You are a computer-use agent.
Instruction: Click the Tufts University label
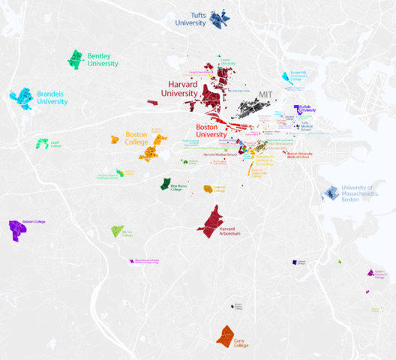tap(190, 18)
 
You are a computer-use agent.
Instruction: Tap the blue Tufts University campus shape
tap(220, 19)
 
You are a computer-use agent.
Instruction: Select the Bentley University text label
tap(103, 59)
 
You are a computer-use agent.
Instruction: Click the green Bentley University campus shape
tap(75, 58)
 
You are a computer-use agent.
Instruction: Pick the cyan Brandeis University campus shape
tap(21, 97)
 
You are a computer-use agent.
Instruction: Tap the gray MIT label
tap(265, 94)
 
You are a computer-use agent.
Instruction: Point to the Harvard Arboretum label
tap(230, 232)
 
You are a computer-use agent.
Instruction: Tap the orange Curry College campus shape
tap(226, 334)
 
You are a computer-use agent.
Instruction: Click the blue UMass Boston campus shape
tap(330, 193)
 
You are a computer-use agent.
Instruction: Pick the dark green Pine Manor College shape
tap(165, 184)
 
